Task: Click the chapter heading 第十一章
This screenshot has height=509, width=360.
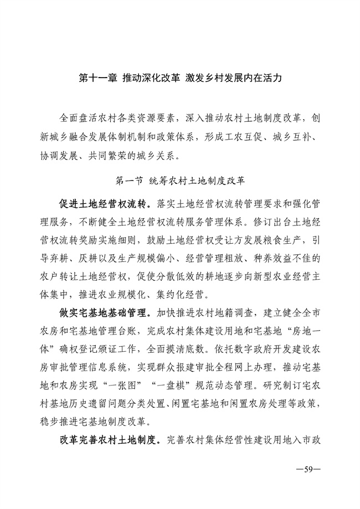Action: tap(97, 79)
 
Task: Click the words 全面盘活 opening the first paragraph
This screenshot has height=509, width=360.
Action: tap(79, 118)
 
